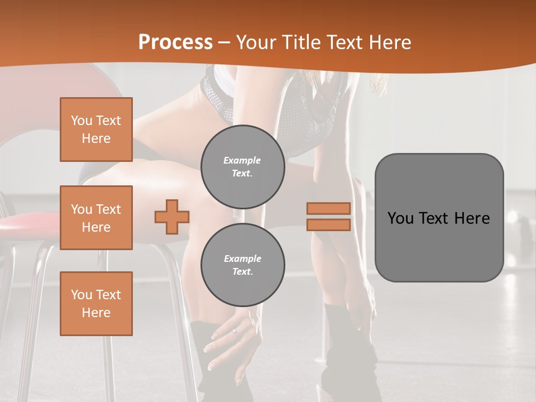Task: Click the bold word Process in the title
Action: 175,42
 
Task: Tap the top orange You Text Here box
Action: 96,130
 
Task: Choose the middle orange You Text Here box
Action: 96,218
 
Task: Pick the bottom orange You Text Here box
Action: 96,303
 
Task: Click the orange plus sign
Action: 172,217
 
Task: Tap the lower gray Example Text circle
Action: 242,265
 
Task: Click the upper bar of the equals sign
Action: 328,208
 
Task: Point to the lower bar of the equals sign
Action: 328,224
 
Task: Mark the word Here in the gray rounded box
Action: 472,218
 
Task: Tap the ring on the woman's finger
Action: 234,331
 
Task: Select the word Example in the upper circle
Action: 242,160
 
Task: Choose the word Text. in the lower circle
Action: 242,272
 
